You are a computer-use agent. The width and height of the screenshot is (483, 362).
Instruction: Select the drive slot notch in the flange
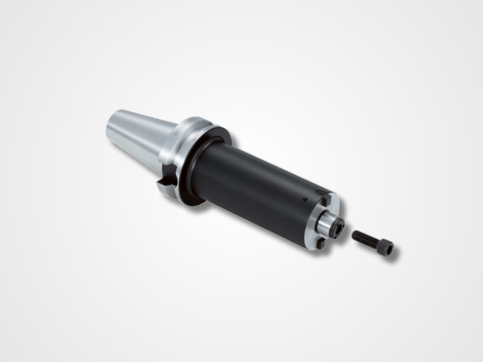(x=165, y=183)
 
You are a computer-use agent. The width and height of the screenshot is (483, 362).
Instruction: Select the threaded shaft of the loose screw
(x=365, y=240)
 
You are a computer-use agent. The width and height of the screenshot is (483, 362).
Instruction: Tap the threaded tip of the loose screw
(x=354, y=235)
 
